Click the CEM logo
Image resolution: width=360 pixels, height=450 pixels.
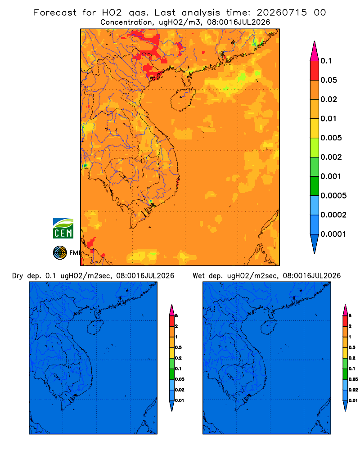(x=63, y=228)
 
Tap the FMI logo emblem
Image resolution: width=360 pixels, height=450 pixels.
(x=60, y=253)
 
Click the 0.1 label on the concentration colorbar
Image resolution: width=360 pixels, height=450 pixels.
(x=326, y=61)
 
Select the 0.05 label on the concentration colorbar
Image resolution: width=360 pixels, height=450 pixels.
(x=328, y=80)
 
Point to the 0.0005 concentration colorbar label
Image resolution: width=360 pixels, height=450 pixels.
(x=333, y=196)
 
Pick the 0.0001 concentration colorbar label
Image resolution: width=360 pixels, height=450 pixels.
(x=333, y=234)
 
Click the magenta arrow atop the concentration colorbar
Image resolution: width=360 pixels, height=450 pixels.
(x=315, y=52)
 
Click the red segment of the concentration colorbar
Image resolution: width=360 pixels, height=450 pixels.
(x=315, y=71)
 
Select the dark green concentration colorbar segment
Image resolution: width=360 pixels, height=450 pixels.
(x=315, y=186)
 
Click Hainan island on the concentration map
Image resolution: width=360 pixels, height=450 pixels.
(x=183, y=99)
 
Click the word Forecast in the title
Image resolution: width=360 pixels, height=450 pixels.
(x=55, y=13)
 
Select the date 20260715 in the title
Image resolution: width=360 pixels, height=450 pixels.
(x=282, y=13)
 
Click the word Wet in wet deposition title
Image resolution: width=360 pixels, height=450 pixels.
(x=198, y=276)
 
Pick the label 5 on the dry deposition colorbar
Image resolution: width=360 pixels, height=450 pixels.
(x=176, y=316)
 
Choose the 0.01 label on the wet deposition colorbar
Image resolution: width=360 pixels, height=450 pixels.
(x=353, y=400)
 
